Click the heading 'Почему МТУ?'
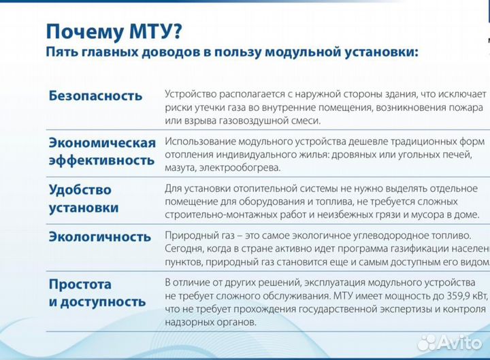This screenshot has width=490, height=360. coord(114,31)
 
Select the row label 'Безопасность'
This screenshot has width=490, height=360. coord(95,96)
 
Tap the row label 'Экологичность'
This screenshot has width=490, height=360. coord(99,237)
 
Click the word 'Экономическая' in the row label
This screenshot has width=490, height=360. coord(102,143)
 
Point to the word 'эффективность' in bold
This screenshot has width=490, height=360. coord(101,161)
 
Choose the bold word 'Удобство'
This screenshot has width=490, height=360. coord(80,190)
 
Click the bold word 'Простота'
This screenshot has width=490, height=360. coord(80,284)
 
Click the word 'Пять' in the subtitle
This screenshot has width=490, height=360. coord(61,52)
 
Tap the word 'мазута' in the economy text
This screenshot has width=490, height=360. coord(180,167)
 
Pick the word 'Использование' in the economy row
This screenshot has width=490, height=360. coord(200,142)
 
